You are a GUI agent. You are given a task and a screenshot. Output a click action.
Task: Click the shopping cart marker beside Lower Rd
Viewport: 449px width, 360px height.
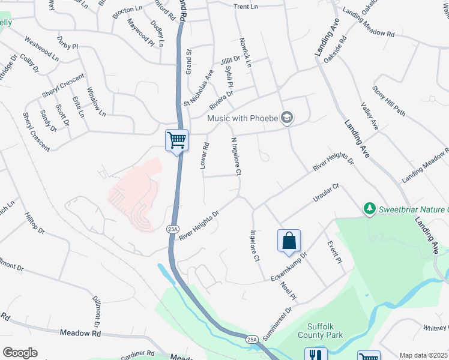177,141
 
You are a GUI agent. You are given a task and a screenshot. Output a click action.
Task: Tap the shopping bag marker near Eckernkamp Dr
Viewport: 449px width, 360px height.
289,241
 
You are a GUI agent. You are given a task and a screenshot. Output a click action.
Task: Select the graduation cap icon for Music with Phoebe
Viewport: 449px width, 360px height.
287,118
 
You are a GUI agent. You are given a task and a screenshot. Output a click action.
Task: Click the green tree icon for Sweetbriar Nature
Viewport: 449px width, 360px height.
369,208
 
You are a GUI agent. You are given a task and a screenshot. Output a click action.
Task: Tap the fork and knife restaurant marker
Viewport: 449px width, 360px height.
316,356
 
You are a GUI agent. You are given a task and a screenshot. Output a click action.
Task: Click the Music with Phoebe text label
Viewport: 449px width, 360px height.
243,118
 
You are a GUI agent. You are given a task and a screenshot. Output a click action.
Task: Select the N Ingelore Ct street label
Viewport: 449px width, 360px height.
236,157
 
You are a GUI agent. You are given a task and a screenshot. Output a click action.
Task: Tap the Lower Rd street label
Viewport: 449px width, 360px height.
206,155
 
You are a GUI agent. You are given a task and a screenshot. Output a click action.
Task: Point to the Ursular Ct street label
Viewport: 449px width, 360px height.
326,193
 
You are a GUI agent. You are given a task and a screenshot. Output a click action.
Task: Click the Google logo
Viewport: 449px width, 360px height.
20,353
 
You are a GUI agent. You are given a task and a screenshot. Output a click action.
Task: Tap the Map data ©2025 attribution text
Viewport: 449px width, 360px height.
423,355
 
